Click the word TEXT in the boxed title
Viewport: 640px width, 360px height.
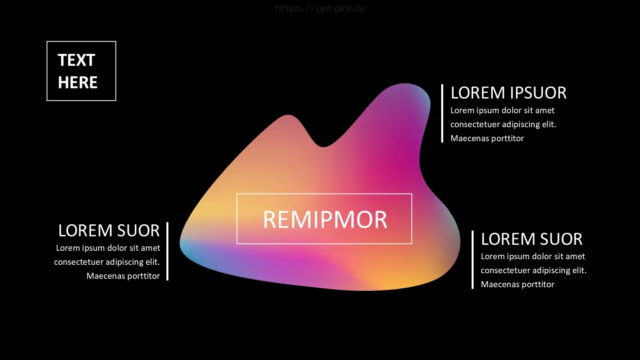point(76,60)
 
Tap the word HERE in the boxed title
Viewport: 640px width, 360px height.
point(78,82)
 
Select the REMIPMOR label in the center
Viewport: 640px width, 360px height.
point(325,220)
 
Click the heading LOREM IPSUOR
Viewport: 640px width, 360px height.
point(508,93)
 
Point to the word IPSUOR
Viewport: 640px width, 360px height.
point(538,93)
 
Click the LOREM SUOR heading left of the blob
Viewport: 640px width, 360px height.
point(109,230)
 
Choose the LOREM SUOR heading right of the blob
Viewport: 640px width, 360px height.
point(532,239)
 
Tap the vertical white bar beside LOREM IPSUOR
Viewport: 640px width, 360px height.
point(442,113)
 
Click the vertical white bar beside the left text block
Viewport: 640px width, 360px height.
point(168,251)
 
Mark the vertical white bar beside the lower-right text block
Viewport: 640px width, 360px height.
point(472,260)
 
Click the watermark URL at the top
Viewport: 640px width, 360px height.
point(320,8)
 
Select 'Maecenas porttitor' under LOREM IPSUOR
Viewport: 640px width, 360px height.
point(487,138)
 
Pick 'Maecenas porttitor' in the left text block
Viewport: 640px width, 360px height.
point(123,276)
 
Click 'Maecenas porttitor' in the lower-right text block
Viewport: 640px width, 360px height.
point(518,284)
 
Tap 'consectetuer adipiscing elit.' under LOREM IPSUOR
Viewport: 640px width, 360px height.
point(504,124)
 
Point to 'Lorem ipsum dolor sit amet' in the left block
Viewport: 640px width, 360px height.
point(108,248)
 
